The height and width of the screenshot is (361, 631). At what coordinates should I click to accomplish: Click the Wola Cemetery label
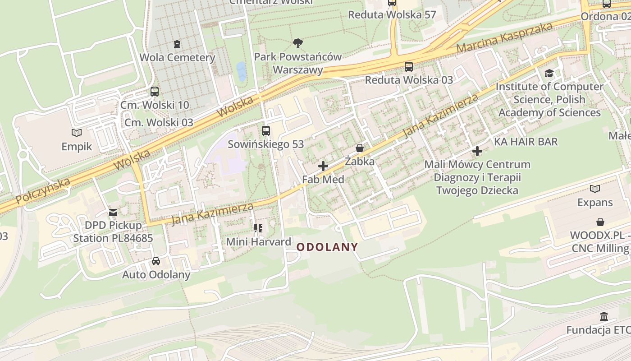pos(177,58)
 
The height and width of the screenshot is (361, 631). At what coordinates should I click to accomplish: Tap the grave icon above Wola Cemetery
pos(177,44)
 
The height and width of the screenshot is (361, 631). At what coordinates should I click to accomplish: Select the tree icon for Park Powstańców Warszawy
pos(297,43)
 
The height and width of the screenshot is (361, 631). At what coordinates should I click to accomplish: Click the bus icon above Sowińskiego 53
pos(266,131)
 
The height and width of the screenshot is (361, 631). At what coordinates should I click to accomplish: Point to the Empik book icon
pos(77,133)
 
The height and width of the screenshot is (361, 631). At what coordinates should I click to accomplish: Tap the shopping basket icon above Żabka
pos(360,148)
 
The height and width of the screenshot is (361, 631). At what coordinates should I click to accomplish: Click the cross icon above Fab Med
pos(323,166)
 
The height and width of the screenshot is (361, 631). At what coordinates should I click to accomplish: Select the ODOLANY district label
pos(327,247)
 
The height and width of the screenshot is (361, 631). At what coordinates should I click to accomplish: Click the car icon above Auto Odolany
pos(156,261)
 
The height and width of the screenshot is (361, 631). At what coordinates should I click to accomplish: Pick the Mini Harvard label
pos(259,242)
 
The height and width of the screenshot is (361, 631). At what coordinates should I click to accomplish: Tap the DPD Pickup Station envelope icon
pos(113,212)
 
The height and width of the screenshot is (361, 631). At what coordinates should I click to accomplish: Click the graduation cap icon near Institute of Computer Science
pos(549,73)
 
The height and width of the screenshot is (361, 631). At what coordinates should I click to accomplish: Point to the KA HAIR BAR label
pos(526,142)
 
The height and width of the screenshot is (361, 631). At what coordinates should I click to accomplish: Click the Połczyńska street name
pos(43,191)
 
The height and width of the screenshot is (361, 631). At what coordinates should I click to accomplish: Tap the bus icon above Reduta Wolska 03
pos(409,67)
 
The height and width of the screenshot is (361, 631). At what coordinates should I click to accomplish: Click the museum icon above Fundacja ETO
pos(604,316)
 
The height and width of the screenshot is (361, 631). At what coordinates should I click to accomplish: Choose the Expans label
pos(595,203)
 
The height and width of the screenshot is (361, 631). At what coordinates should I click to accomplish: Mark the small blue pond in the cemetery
pos(242,71)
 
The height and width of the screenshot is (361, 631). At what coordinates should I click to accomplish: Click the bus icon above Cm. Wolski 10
pos(155,92)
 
